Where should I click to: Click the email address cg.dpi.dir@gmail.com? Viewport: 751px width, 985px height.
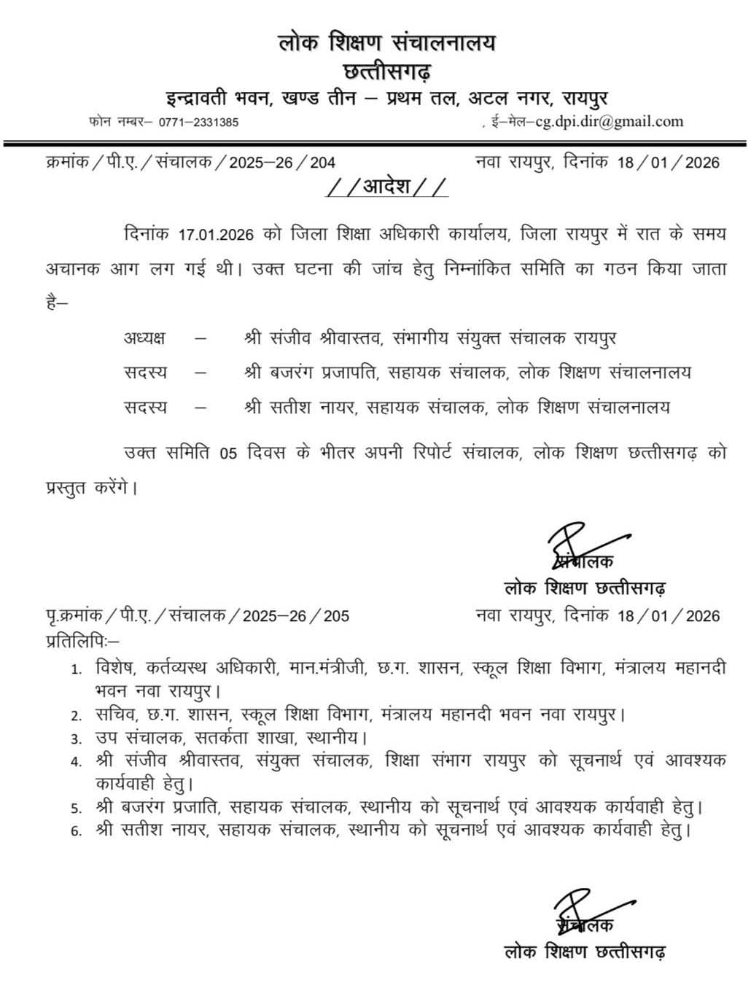[x=609, y=121]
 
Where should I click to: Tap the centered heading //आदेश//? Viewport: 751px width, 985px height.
[x=387, y=187]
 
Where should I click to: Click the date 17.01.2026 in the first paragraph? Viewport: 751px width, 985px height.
[x=216, y=235]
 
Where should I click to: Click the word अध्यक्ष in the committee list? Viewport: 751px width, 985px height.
[x=144, y=338]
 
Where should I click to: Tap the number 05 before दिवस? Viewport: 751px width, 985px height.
[x=228, y=453]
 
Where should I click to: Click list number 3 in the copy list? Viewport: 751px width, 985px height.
[x=75, y=739]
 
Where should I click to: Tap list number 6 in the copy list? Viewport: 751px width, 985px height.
[x=75, y=830]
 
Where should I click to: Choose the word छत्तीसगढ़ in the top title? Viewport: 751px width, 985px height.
[x=386, y=71]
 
